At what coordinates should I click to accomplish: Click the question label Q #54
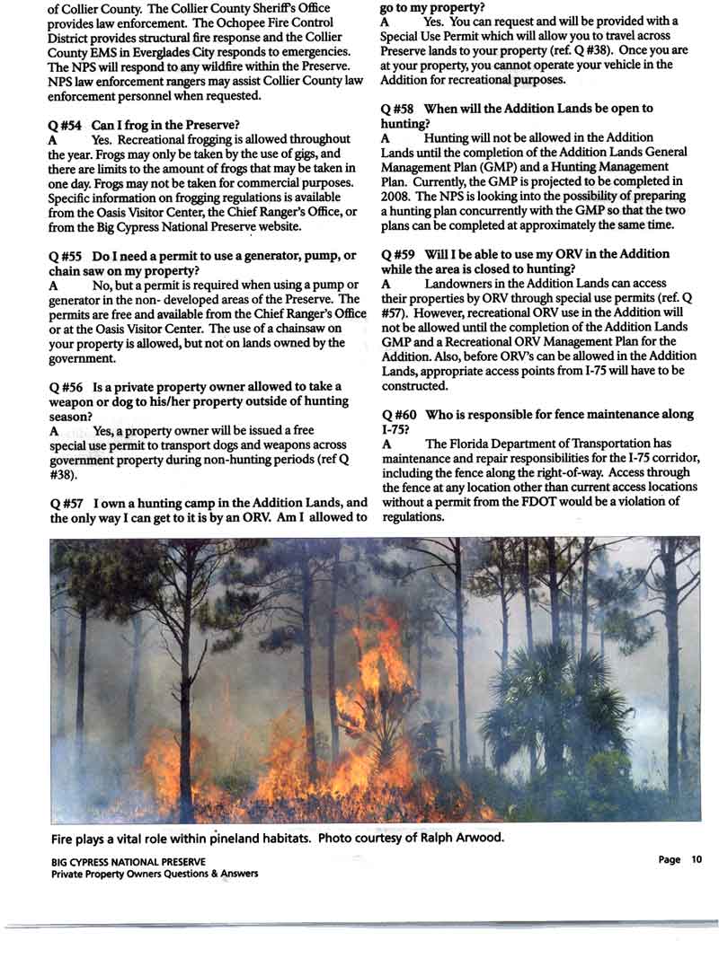point(68,123)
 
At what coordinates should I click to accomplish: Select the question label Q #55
point(68,256)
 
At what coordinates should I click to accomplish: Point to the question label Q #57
point(68,503)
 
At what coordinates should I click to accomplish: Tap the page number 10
point(696,859)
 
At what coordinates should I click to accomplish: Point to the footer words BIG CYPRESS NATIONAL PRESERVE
point(129,860)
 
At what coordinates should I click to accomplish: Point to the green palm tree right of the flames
point(539,700)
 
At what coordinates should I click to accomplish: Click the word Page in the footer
point(670,859)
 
